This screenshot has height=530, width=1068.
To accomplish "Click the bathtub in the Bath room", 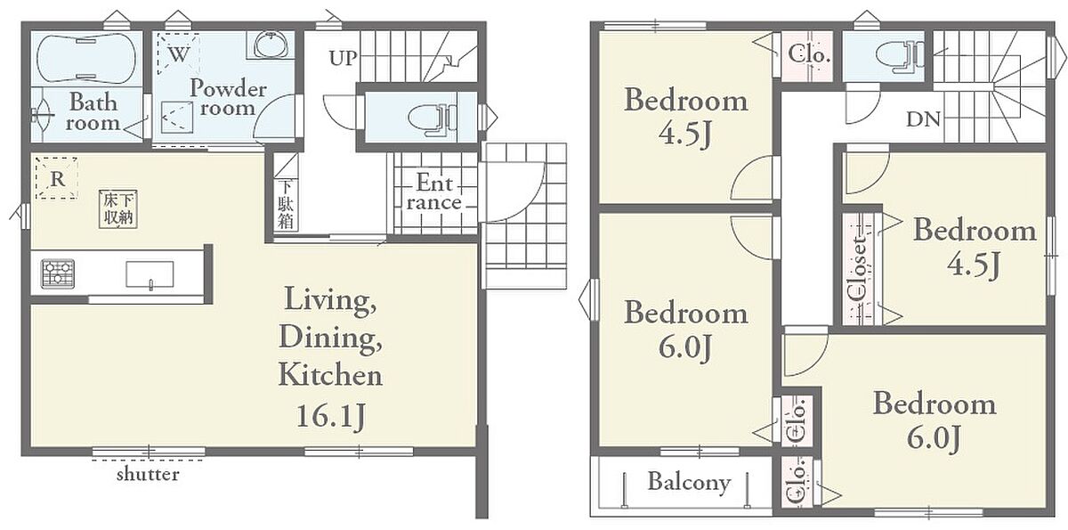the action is click(x=86, y=59).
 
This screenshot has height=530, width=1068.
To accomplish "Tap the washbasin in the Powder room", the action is click(x=271, y=45).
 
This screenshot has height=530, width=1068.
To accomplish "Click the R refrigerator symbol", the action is click(x=57, y=178).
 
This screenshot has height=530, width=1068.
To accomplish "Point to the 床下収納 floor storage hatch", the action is click(x=118, y=208).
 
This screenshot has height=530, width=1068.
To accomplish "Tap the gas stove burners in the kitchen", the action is click(x=58, y=273).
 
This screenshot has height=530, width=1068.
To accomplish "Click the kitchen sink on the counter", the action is click(x=150, y=274).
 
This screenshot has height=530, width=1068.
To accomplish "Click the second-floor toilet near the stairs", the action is click(x=900, y=57).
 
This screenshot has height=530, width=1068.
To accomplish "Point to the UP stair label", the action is click(x=344, y=58).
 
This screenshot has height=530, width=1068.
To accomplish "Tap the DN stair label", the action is click(x=923, y=119).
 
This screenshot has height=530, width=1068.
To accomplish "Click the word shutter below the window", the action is click(x=149, y=474).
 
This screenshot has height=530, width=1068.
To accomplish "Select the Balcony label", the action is click(x=689, y=482).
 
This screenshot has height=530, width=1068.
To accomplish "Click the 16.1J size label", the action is click(x=331, y=416).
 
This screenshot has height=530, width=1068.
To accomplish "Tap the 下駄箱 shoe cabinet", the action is click(x=286, y=205).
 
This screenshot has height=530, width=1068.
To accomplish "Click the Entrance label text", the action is click(x=434, y=192).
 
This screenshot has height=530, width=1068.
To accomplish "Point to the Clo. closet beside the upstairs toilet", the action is click(x=809, y=55).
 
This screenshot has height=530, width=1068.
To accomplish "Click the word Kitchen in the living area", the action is click(x=330, y=375).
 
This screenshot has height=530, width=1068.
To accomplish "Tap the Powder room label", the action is click(x=228, y=98).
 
